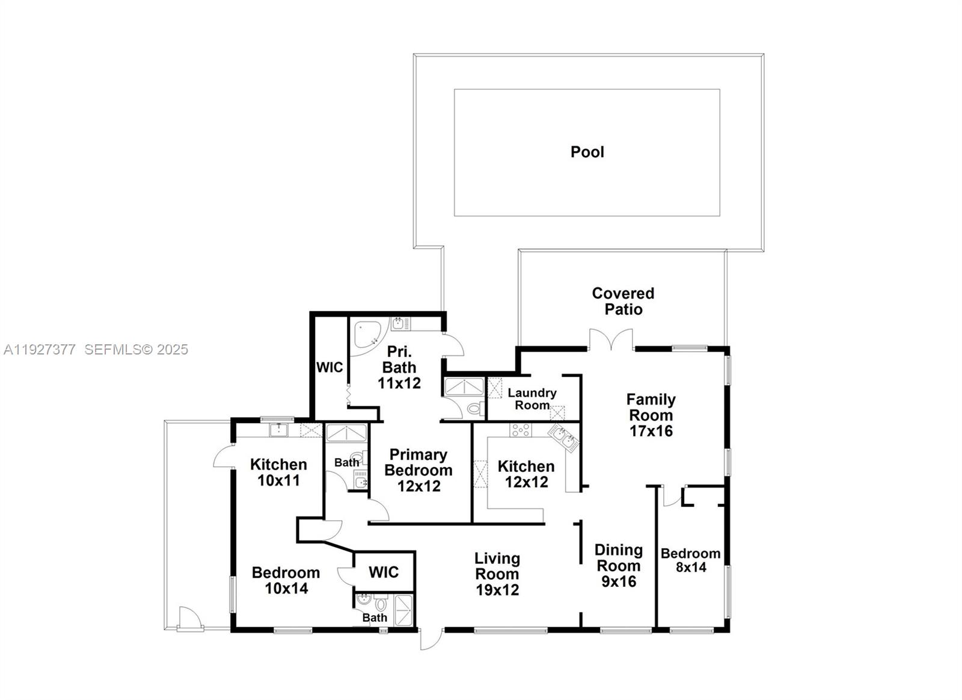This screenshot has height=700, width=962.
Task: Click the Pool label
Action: (587, 152)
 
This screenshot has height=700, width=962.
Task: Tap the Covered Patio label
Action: (623, 301)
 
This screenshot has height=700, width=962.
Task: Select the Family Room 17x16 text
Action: (651, 415)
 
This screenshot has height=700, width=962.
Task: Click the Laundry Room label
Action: (532, 398)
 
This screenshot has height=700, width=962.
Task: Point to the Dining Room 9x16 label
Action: (618, 565)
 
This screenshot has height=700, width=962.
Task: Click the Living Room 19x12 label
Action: (497, 574)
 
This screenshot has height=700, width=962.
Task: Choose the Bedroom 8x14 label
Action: (690, 560)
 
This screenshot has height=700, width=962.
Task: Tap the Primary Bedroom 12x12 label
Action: (418, 470)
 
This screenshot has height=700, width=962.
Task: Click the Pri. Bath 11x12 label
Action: (399, 367)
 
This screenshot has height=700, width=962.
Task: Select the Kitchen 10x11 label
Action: (278, 472)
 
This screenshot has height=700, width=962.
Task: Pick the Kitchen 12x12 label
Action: (526, 474)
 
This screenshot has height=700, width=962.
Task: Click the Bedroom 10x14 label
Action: (286, 580)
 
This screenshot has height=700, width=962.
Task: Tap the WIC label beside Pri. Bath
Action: (329, 367)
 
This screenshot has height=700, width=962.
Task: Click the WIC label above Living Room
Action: (384, 571)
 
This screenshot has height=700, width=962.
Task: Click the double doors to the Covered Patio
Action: (611, 341)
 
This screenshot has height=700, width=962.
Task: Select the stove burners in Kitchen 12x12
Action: (520, 430)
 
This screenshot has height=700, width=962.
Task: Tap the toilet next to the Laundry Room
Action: (475, 409)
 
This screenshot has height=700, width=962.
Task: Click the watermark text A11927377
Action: (40, 349)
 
